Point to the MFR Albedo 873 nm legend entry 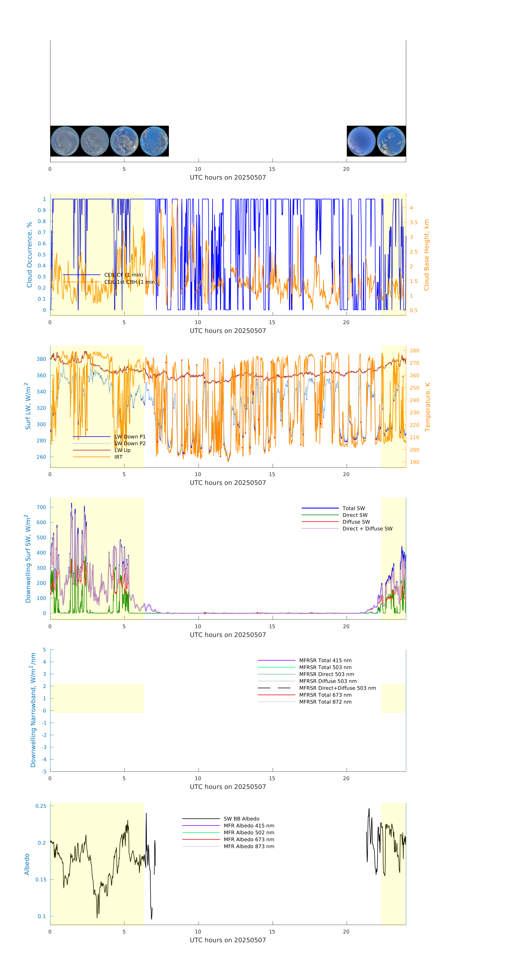pyautogui.click(x=249, y=846)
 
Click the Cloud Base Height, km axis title pyautogui.click(x=426, y=255)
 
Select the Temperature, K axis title pyautogui.click(x=427, y=407)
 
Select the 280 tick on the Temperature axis pyautogui.click(x=414, y=351)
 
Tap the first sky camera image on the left pyautogui.click(x=65, y=141)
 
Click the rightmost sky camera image pyautogui.click(x=391, y=141)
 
